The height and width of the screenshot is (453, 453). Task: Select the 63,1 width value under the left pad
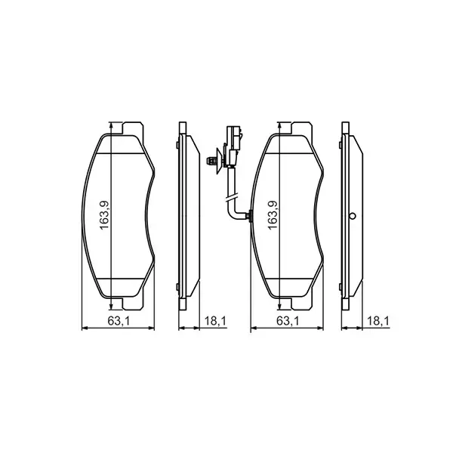(116, 322)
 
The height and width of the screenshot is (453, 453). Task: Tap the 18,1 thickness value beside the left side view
(215, 322)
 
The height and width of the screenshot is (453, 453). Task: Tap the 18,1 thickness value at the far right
(377, 322)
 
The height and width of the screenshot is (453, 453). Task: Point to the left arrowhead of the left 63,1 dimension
(83, 328)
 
